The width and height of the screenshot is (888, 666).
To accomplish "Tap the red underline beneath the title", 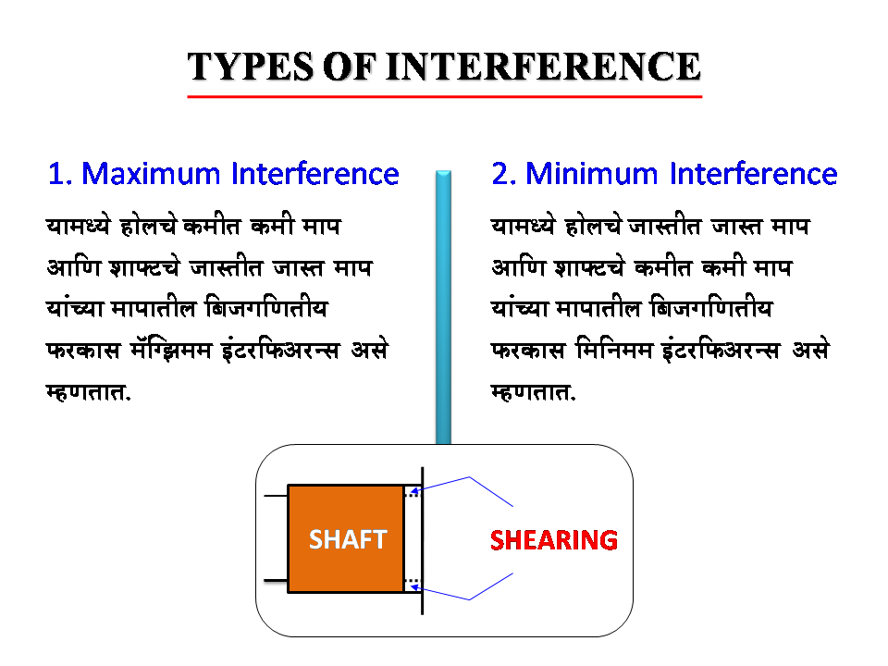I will tap(444, 96).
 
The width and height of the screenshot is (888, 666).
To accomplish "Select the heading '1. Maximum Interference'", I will tap(223, 174).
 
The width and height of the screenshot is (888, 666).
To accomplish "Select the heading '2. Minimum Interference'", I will tap(664, 174).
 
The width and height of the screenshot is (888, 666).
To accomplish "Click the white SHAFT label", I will tap(347, 539).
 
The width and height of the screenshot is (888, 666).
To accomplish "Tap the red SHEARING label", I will tap(553, 539).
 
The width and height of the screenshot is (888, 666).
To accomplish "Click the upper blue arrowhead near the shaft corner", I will tap(414, 490).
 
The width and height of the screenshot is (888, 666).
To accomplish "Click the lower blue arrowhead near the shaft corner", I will tap(414, 586).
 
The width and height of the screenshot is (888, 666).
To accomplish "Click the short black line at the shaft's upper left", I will tap(276, 497).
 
